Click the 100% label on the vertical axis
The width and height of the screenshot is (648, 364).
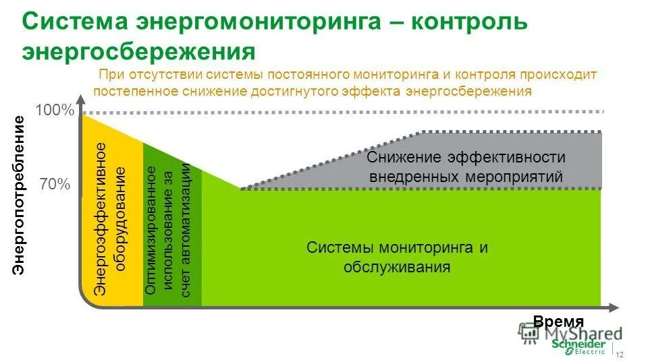[x=54, y=110]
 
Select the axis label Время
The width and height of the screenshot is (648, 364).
[x=558, y=322]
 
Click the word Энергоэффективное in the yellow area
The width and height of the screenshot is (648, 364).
[x=100, y=218]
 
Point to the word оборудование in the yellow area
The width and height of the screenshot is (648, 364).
[x=120, y=218]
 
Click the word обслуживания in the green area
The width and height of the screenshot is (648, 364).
[x=396, y=267]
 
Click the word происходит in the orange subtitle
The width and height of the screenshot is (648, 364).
[x=561, y=73]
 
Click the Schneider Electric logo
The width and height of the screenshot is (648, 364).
[x=578, y=346]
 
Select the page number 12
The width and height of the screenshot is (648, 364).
[x=620, y=355]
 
